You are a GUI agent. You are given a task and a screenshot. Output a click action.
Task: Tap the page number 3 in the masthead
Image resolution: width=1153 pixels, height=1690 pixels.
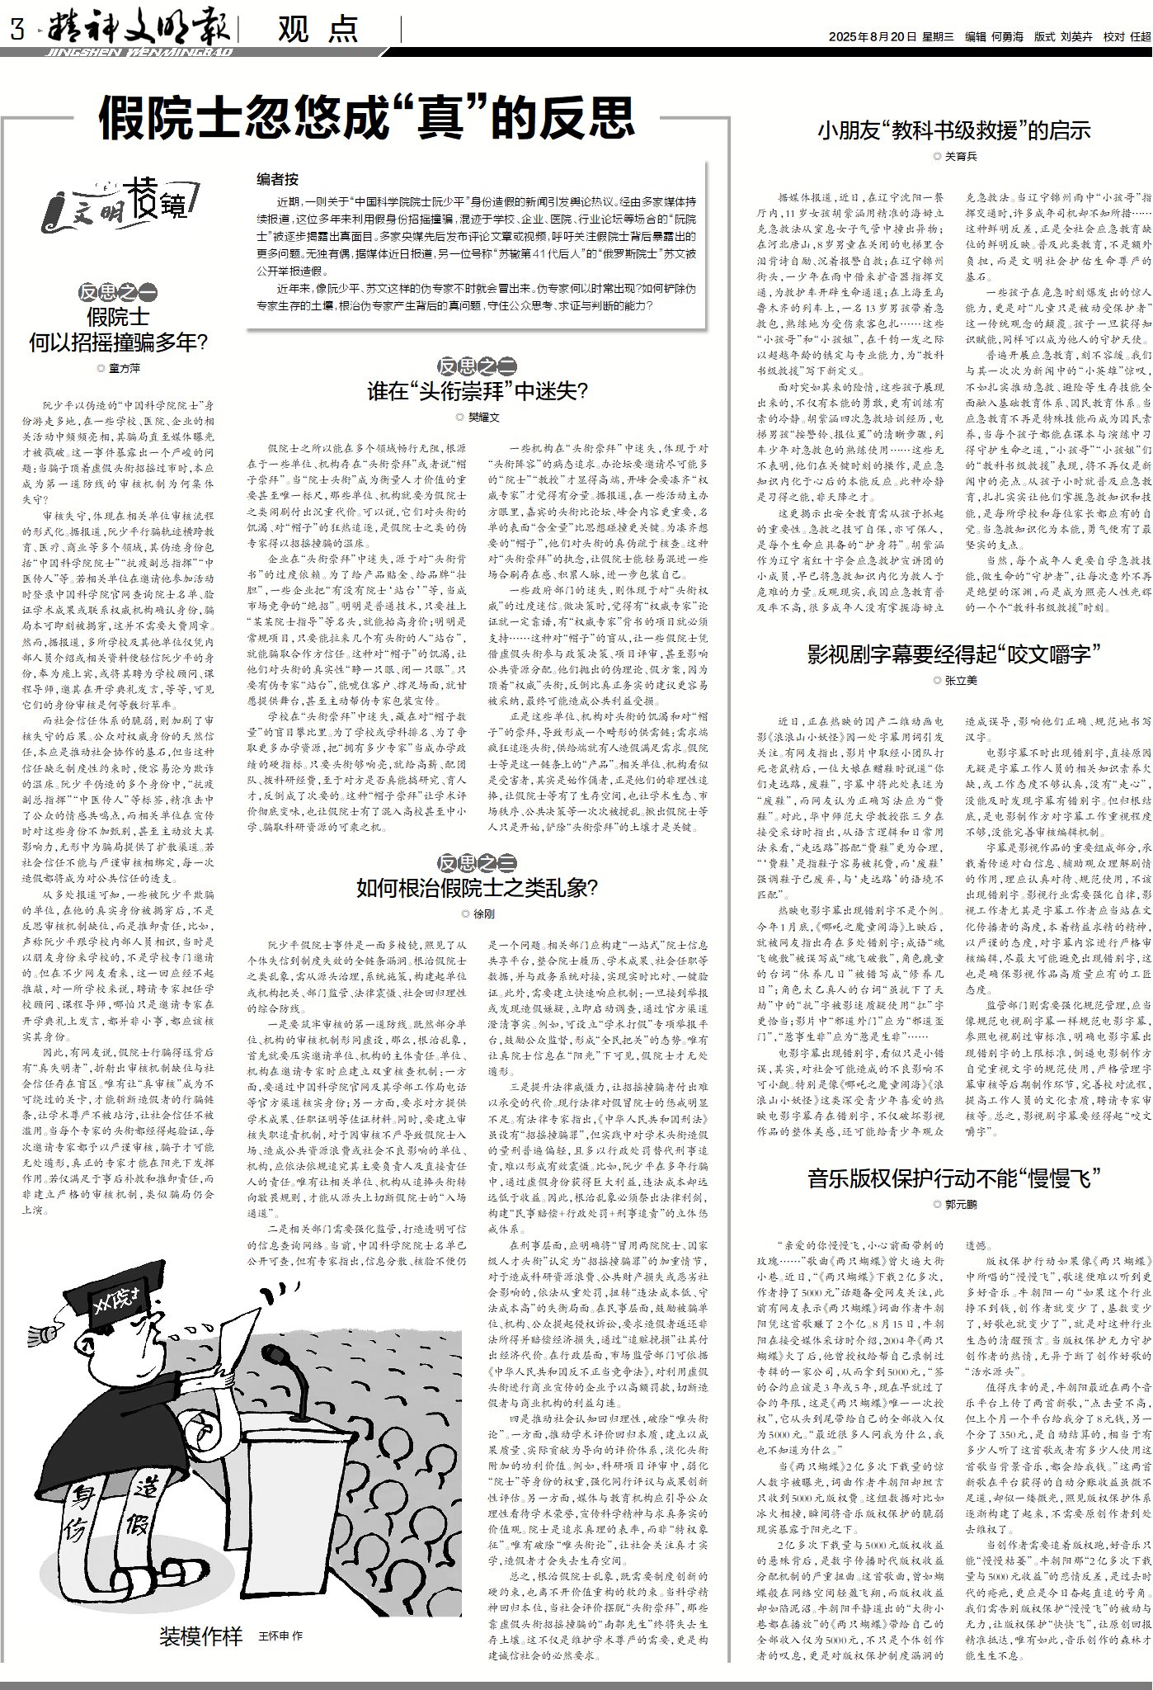[x=14, y=31]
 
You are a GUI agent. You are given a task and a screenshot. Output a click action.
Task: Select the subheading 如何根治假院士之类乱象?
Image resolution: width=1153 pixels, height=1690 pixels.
[x=477, y=887]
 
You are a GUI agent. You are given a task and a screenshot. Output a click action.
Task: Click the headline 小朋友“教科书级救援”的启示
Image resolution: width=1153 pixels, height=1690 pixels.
[x=954, y=130]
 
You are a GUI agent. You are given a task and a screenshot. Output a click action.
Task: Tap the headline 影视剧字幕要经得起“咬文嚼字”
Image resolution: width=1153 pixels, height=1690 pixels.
[x=954, y=655]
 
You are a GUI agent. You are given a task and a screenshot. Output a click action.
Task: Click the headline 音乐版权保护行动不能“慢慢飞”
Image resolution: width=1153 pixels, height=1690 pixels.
[x=954, y=1178]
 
